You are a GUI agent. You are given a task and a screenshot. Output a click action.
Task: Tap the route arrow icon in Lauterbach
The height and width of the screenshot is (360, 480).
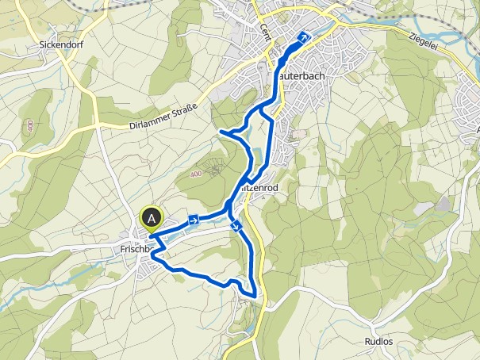point(302,36)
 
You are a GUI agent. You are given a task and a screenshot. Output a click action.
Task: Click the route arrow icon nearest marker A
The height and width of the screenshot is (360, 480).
point(193,220)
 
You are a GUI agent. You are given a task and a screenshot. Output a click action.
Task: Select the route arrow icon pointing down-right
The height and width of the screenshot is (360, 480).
point(236,227)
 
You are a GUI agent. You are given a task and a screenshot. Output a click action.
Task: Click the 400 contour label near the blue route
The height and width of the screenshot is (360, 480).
point(197,173)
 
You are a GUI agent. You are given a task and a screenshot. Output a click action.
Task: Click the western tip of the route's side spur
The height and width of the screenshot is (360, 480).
point(219,130)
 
